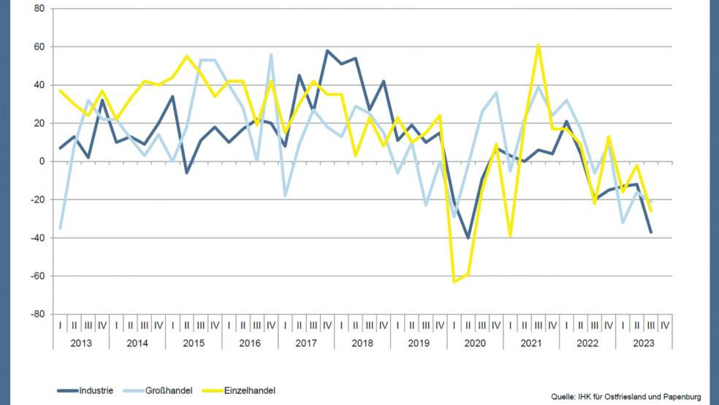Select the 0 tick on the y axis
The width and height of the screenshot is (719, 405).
(x=42, y=162)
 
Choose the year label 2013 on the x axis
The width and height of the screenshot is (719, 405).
(x=80, y=342)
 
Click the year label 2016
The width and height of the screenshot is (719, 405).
(x=249, y=342)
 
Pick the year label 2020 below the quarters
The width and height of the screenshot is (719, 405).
(x=474, y=342)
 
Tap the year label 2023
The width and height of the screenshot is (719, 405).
(x=643, y=342)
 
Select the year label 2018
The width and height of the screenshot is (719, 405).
(x=362, y=342)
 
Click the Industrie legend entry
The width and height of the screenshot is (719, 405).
(x=85, y=391)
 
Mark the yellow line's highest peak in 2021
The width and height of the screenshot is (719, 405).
(x=539, y=45)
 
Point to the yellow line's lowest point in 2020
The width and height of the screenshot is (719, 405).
(x=454, y=281)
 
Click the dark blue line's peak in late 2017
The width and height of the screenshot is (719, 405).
(x=327, y=50)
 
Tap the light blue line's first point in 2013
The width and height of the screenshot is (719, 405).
(x=60, y=229)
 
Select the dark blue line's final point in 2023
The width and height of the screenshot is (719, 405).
(x=651, y=232)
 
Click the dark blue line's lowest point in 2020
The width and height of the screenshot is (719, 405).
(x=468, y=238)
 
